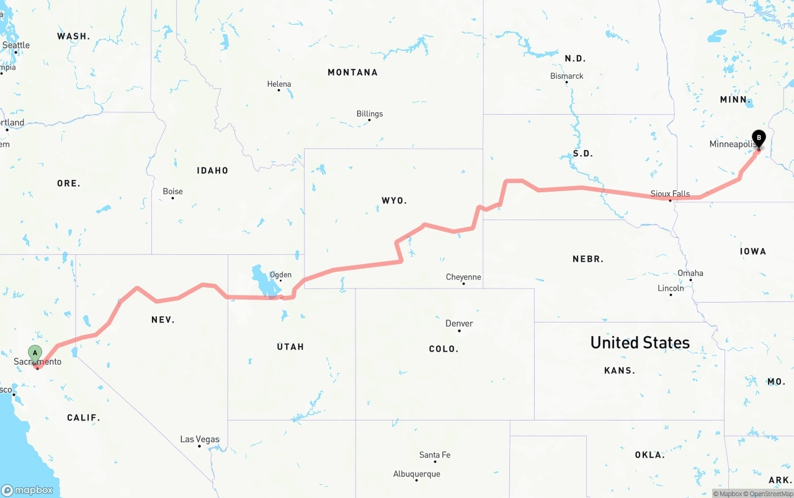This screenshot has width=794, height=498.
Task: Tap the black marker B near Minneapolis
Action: (758, 138)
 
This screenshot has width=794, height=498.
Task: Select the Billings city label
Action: (370, 114)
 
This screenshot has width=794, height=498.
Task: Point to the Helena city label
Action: (279, 84)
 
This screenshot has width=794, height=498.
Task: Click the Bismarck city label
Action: (567, 76)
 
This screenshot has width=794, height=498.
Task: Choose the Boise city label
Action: (172, 192)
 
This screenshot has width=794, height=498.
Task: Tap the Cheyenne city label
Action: (463, 277)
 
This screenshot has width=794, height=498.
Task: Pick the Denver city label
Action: (459, 324)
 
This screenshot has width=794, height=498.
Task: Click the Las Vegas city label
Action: (200, 440)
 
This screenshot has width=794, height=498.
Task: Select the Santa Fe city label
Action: (435, 455)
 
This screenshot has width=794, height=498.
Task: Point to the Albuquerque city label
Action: (417, 474)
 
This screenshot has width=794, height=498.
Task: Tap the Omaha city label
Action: (690, 273)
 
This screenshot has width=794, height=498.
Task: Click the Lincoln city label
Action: (671, 288)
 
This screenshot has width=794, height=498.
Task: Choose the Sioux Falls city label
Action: (670, 194)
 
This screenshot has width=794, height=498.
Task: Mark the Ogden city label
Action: (280, 275)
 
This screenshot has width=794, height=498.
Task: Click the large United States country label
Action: (640, 342)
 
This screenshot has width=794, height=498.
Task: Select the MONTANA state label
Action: (352, 73)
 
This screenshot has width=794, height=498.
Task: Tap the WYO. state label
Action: (394, 200)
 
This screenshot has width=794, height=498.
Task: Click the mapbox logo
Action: (27, 490)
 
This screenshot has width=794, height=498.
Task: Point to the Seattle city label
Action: (16, 45)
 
